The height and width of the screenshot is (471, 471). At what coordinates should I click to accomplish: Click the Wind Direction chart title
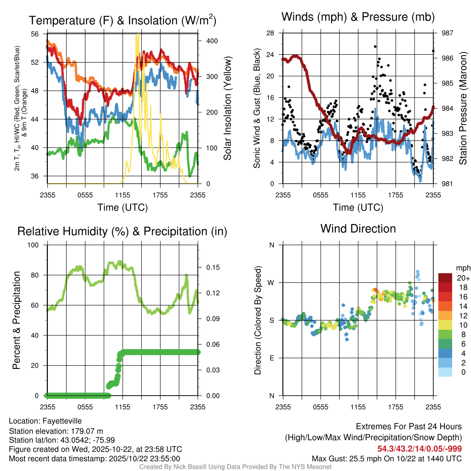click(358, 229)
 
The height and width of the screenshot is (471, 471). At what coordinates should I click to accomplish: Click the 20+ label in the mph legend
click(463, 278)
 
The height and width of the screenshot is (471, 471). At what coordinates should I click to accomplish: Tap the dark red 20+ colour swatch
click(446, 278)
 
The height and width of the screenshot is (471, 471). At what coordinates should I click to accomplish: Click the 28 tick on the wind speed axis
click(270, 33)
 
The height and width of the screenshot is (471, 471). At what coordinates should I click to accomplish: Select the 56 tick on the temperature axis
click(35, 34)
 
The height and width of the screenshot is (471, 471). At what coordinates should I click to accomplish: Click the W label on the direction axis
click(271, 282)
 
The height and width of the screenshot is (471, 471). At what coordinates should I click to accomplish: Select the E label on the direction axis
click(272, 358)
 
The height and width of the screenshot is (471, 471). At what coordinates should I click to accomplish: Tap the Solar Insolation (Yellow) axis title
click(227, 109)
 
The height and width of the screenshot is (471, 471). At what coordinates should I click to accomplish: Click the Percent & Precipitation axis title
click(16, 320)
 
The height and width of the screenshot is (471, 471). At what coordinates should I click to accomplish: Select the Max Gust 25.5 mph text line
click(387, 459)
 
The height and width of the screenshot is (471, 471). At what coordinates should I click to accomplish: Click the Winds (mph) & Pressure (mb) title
click(358, 17)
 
